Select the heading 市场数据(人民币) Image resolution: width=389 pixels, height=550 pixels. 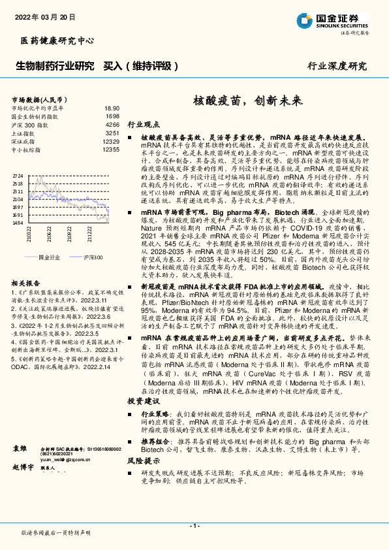point(41,98)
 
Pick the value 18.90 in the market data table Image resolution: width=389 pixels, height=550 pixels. point(112,108)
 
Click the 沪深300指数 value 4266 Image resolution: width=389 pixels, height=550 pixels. point(112,124)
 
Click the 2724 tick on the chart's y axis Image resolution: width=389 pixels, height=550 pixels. point(18,176)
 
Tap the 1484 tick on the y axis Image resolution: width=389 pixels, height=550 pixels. point(18,223)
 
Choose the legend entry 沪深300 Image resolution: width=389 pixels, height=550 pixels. point(92,257)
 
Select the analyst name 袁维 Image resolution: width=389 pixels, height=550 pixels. point(20,449)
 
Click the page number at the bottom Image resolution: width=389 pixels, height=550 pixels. point(194,525)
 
